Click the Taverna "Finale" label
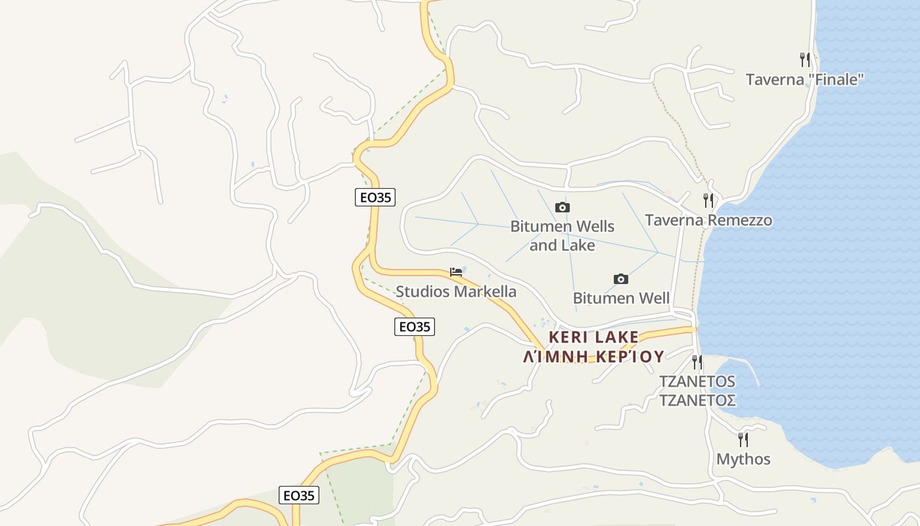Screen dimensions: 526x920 pyautogui.click(x=804, y=80)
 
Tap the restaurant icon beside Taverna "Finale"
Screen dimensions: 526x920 pyautogui.click(x=805, y=60)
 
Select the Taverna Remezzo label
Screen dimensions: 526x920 pyautogui.click(x=708, y=220)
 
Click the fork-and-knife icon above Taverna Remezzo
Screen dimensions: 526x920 pyautogui.click(x=708, y=200)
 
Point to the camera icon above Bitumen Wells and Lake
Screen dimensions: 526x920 pyautogui.click(x=563, y=208)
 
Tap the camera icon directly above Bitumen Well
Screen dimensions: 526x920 pyautogui.click(x=621, y=279)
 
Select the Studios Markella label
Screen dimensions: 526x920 pyautogui.click(x=456, y=292)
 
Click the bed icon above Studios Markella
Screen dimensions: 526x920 pyautogui.click(x=456, y=272)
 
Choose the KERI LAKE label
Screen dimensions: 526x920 pyautogui.click(x=593, y=337)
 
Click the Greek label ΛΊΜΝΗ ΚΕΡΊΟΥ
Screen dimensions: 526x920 pyautogui.click(x=593, y=356)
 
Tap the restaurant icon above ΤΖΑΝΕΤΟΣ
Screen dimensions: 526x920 pyautogui.click(x=697, y=362)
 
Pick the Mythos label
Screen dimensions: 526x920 pyautogui.click(x=743, y=459)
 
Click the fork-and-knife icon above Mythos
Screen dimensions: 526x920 pyautogui.click(x=743, y=439)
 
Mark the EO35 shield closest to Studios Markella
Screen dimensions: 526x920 pyautogui.click(x=415, y=326)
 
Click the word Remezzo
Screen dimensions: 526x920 pyautogui.click(x=738, y=220)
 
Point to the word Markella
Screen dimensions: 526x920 pyautogui.click(x=484, y=292)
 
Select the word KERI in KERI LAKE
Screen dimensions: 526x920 pyautogui.click(x=567, y=337)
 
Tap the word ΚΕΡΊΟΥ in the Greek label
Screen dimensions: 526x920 pyautogui.click(x=628, y=356)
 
